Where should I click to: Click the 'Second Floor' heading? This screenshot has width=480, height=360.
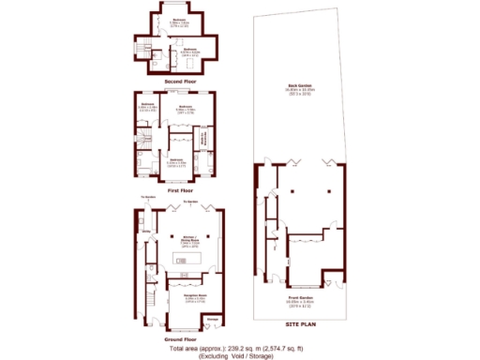click(184, 82)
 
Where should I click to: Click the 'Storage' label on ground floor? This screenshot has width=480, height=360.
click(212, 320)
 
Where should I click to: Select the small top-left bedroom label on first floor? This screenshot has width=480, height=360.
click(144, 106)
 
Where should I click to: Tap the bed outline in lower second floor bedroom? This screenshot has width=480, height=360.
click(192, 62)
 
